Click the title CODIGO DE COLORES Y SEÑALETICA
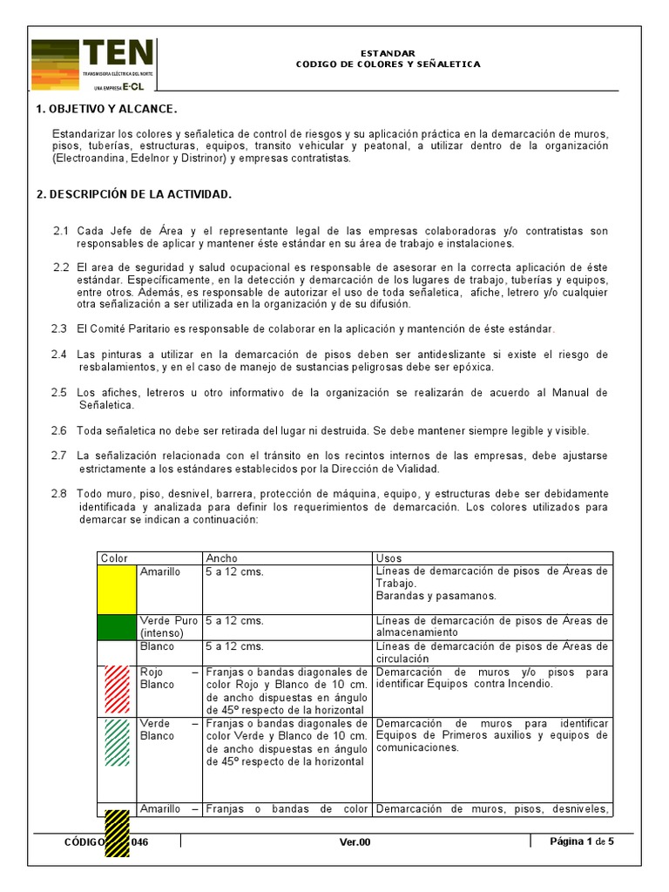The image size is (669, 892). click(388, 64)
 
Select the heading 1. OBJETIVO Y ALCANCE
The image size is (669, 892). click(105, 110)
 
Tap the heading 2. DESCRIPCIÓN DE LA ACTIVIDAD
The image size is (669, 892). click(133, 194)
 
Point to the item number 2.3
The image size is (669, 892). click(59, 328)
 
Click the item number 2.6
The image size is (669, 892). click(59, 430)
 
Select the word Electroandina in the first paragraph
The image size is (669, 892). click(91, 159)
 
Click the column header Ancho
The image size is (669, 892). click(221, 557)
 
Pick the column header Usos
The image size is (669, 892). click(389, 557)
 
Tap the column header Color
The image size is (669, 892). click(114, 557)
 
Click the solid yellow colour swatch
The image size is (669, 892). click(117, 589)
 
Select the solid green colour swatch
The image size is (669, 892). click(117, 627)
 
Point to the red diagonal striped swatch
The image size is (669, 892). click(117, 691)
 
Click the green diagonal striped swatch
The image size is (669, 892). click(117, 742)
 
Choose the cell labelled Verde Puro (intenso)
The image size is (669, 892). click(168, 627)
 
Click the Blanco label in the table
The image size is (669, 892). click(157, 646)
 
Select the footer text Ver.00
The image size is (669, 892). click(355, 841)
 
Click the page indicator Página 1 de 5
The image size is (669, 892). click(582, 841)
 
